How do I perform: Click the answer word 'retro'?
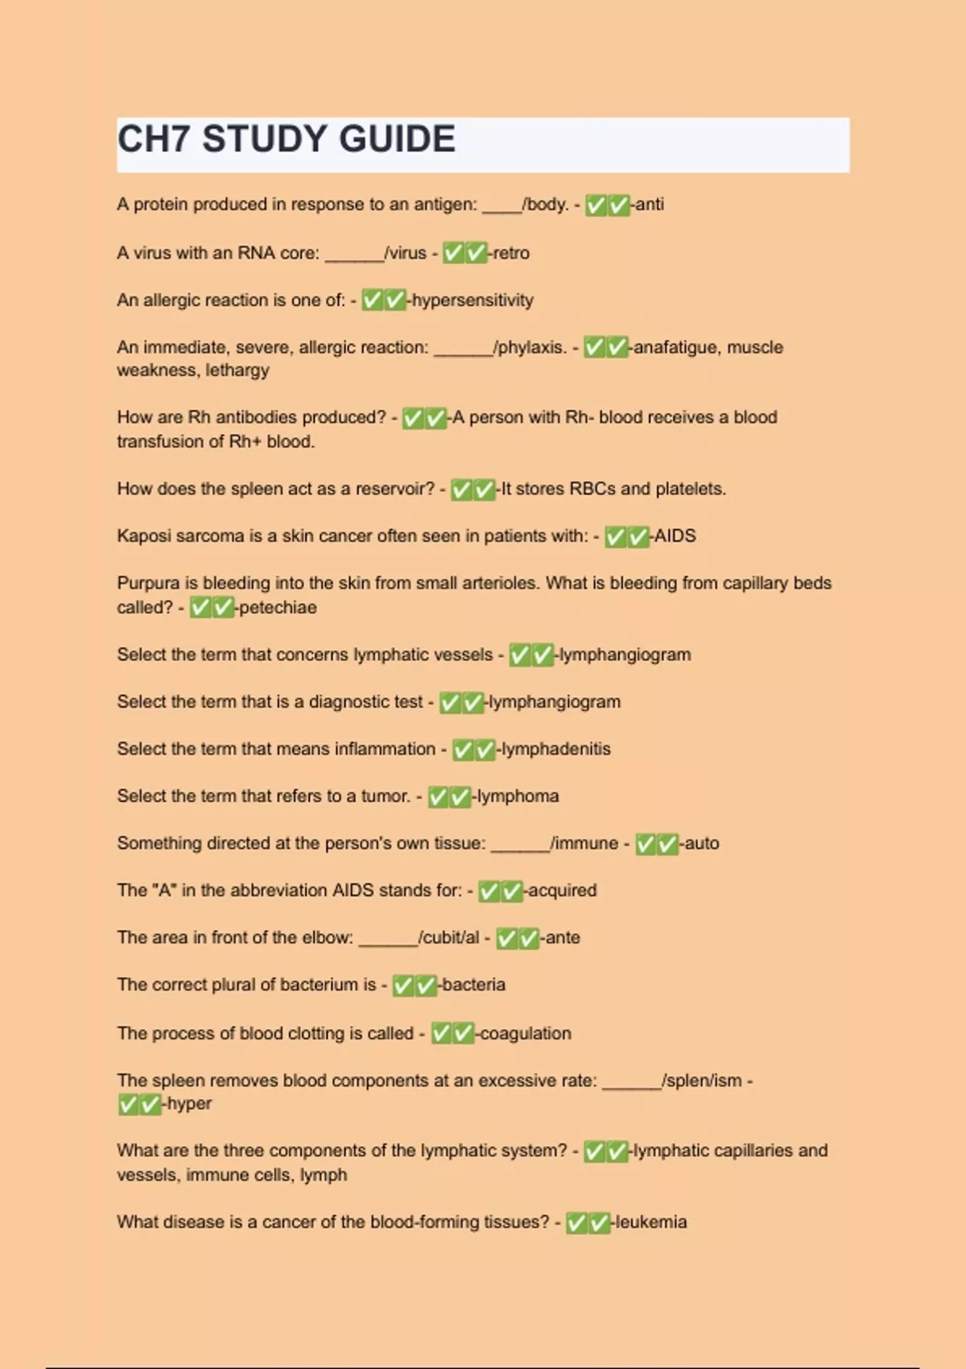[x=511, y=253]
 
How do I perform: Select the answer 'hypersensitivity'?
[x=473, y=300]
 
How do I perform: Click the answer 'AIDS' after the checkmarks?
[x=675, y=536]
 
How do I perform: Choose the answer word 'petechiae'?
[x=278, y=607]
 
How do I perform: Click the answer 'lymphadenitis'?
[x=556, y=749]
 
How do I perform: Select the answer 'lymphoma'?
[x=518, y=796]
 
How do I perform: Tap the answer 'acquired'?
[x=562, y=891]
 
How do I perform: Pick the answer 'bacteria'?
[x=473, y=985]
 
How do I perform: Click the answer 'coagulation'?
[x=526, y=1033]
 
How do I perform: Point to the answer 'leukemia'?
[x=650, y=1222]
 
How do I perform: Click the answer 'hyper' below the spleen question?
[x=189, y=1104]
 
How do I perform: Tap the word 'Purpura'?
[x=147, y=583]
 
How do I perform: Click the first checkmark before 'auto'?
[x=646, y=844]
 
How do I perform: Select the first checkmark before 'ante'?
[x=506, y=938]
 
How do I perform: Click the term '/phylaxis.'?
[x=530, y=347]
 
